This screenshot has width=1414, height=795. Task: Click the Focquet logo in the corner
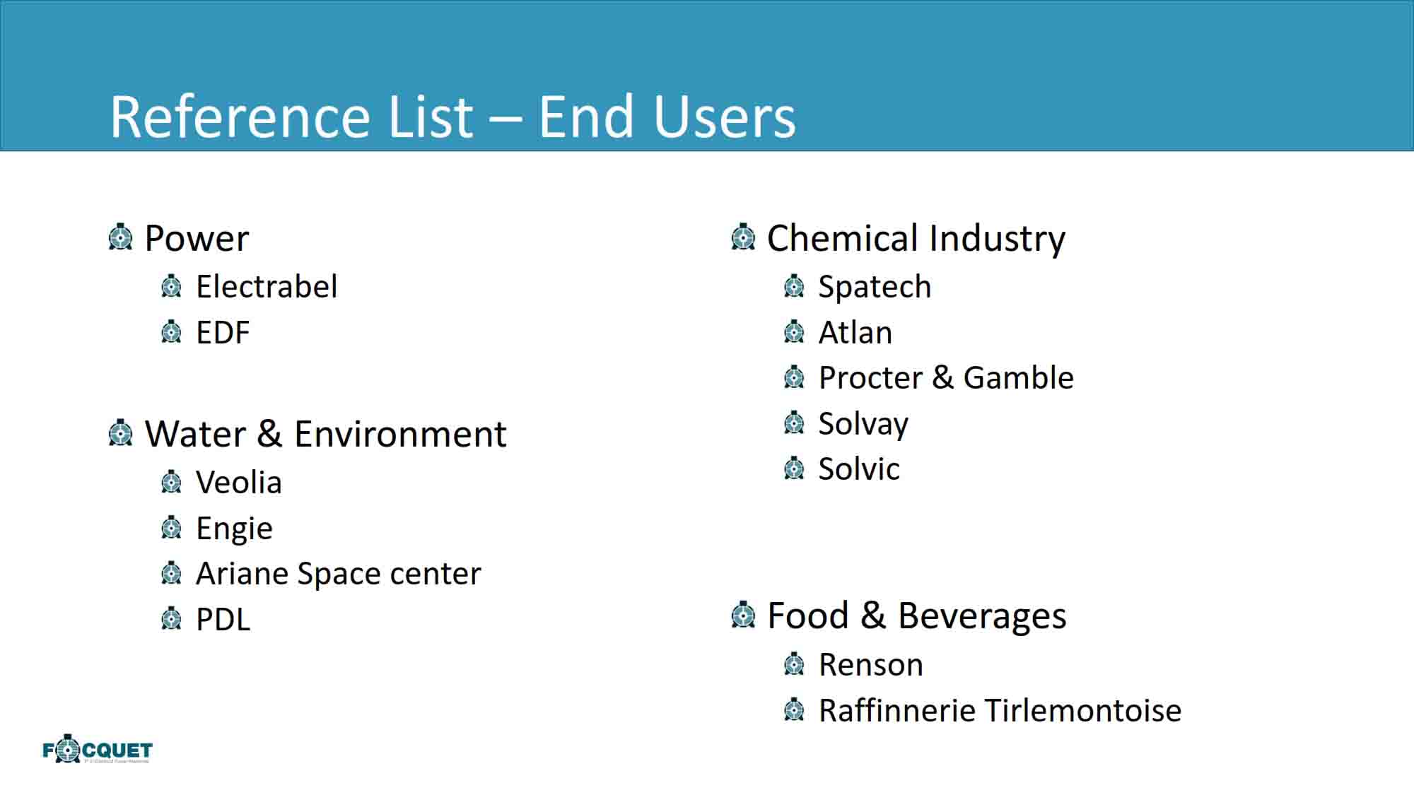tap(98, 749)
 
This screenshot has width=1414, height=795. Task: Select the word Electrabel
tap(267, 287)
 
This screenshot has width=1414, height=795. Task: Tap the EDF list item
tap(223, 333)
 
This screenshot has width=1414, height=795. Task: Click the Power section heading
tap(197, 238)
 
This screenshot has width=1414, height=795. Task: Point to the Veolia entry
tap(239, 483)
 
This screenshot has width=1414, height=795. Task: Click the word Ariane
tap(241, 574)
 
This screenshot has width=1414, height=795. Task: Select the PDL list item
tap(223, 620)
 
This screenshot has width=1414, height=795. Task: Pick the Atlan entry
tap(855, 333)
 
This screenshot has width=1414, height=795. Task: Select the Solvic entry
tap(859, 469)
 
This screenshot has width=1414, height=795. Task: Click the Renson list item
tap(871, 665)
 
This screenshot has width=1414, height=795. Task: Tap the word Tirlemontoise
tap(1082, 711)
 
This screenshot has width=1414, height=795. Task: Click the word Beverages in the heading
tap(982, 616)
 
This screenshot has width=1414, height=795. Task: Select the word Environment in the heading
tap(400, 434)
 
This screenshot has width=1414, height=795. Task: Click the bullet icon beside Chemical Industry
tap(743, 237)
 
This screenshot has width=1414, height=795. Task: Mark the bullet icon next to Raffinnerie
tap(794, 709)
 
